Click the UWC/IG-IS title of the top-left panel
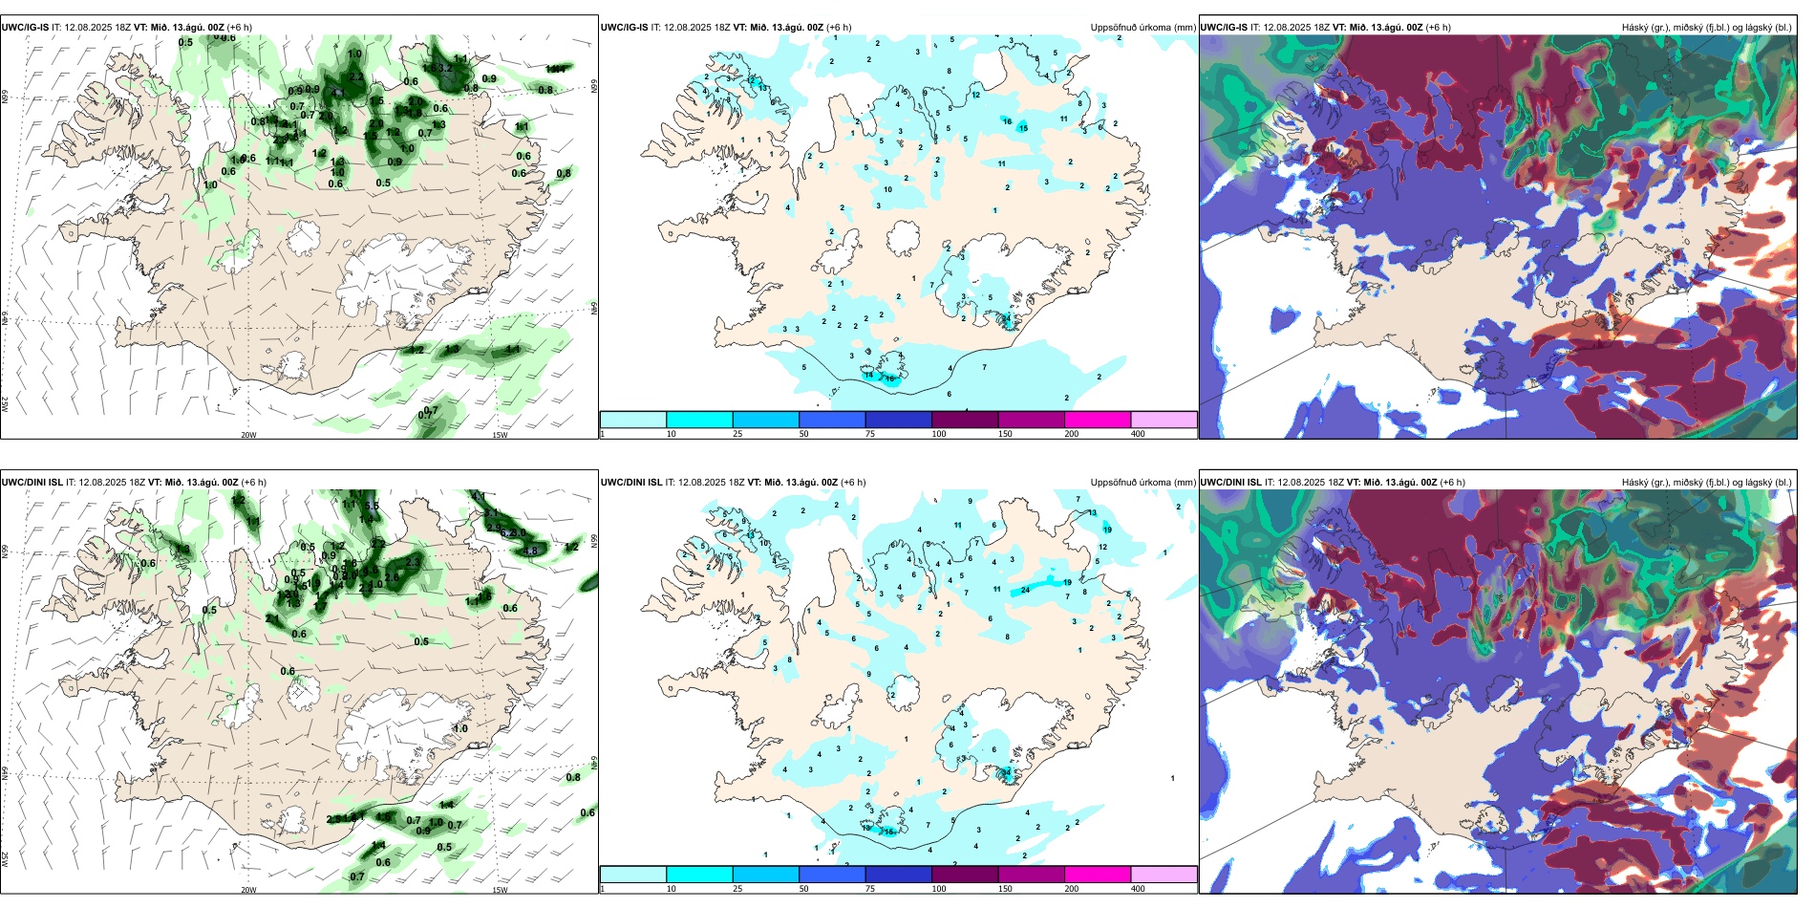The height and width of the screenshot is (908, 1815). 25,28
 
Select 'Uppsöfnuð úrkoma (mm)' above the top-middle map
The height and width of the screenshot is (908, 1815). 1142,28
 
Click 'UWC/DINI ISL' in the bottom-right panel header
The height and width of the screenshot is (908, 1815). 1231,483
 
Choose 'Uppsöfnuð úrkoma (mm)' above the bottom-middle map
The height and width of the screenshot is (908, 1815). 1142,483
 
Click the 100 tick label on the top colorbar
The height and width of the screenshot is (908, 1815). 939,434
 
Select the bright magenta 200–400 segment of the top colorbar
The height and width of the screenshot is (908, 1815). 1098,420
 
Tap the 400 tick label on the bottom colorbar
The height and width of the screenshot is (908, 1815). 1138,889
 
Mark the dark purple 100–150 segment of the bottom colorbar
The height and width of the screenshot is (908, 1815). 965,875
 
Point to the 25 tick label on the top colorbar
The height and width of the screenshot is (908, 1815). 737,434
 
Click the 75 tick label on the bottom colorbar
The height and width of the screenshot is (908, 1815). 870,889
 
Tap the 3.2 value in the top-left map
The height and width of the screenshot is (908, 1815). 445,69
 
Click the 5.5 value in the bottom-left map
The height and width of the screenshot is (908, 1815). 373,506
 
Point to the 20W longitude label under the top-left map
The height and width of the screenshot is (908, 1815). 248,435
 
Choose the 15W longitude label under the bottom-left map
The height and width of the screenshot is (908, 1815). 499,890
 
